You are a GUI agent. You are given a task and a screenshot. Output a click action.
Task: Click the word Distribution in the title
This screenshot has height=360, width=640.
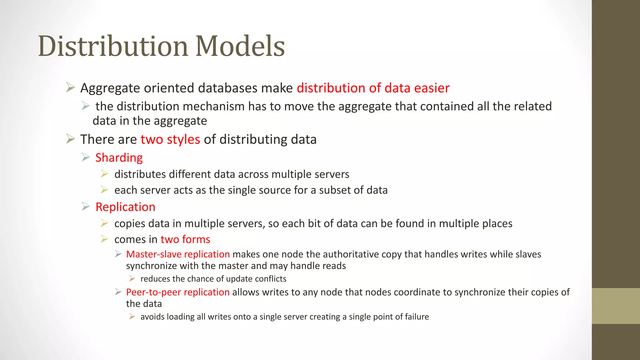click(x=113, y=46)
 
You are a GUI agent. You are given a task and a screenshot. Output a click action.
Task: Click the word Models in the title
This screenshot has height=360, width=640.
click(x=240, y=46)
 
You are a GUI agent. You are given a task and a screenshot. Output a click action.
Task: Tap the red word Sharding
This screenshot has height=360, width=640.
click(x=119, y=158)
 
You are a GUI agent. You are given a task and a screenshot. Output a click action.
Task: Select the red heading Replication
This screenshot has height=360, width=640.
click(x=125, y=207)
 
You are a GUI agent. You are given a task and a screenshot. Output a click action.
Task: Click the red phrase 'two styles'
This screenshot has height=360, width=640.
click(x=170, y=139)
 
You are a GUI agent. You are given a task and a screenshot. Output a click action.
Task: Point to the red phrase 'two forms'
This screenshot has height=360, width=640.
click(x=185, y=239)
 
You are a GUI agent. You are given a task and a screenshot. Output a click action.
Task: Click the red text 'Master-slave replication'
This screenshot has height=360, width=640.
click(x=178, y=254)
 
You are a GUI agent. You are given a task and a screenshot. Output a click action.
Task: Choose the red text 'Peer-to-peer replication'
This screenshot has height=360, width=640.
click(x=178, y=292)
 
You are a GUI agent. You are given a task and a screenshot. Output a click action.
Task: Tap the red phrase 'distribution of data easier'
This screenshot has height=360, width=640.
click(x=373, y=88)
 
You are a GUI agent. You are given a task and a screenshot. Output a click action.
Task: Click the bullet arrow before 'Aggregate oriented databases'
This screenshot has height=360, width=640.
click(x=71, y=87)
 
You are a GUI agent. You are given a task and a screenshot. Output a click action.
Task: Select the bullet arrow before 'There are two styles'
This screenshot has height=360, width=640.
click(x=71, y=139)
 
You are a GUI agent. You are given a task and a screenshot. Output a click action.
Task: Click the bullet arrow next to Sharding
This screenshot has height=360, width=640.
click(x=86, y=157)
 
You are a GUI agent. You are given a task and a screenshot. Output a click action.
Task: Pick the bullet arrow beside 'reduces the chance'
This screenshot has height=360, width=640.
click(x=132, y=278)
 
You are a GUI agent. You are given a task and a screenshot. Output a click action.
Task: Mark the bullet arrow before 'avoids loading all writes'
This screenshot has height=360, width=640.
click(x=132, y=317)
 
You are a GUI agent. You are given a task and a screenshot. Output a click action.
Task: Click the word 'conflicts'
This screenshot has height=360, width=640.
click(x=271, y=279)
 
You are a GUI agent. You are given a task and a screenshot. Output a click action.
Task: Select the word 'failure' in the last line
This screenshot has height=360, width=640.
click(x=417, y=317)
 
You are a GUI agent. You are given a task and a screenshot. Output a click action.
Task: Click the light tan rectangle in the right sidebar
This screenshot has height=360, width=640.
click(x=616, y=306)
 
